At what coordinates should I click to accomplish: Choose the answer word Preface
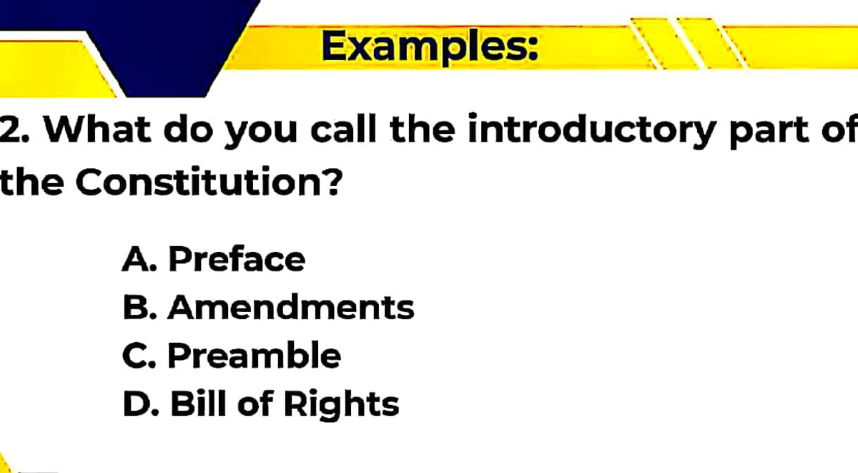click(237, 259)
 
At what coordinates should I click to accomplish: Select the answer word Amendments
click(291, 308)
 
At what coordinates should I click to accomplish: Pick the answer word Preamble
click(255, 356)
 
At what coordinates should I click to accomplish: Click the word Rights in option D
click(341, 405)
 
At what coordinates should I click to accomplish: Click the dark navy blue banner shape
click(164, 43)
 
